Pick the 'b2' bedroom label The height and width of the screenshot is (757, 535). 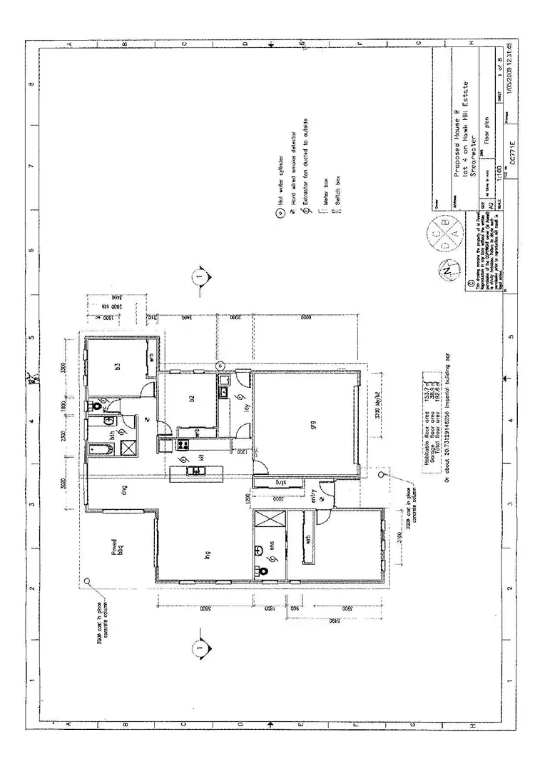pos(192,399)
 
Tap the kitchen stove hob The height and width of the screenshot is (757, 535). pos(194,471)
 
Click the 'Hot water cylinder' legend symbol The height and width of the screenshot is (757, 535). pos(280,213)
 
